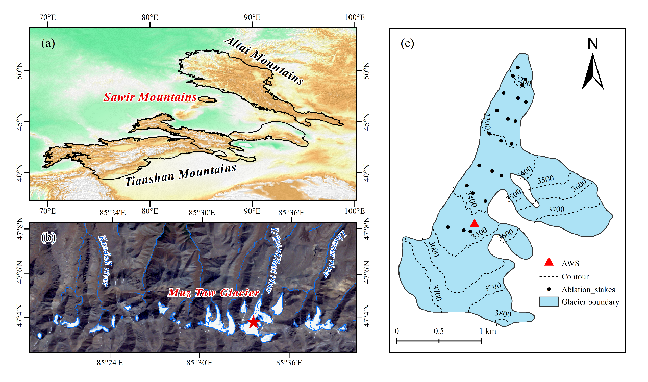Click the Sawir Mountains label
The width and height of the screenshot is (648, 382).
[x=150, y=97]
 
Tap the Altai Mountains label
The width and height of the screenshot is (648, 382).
[x=264, y=60]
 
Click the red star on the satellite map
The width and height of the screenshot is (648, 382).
[x=254, y=322]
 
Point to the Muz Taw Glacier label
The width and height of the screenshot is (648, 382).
[x=213, y=293]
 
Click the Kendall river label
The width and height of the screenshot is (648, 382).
[x=104, y=261]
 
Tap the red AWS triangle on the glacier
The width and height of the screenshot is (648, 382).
[x=474, y=223]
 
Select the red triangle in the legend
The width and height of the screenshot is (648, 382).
[x=549, y=262]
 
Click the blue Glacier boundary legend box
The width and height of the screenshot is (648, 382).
[x=549, y=302]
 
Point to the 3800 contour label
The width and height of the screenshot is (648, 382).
[x=503, y=314]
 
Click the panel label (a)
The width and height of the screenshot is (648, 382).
[x=47, y=43]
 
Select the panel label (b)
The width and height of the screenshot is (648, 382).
[x=47, y=238]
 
